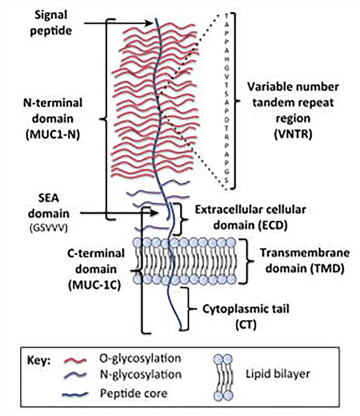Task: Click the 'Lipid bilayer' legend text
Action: click(279, 375)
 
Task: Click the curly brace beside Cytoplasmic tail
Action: click(187, 308)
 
